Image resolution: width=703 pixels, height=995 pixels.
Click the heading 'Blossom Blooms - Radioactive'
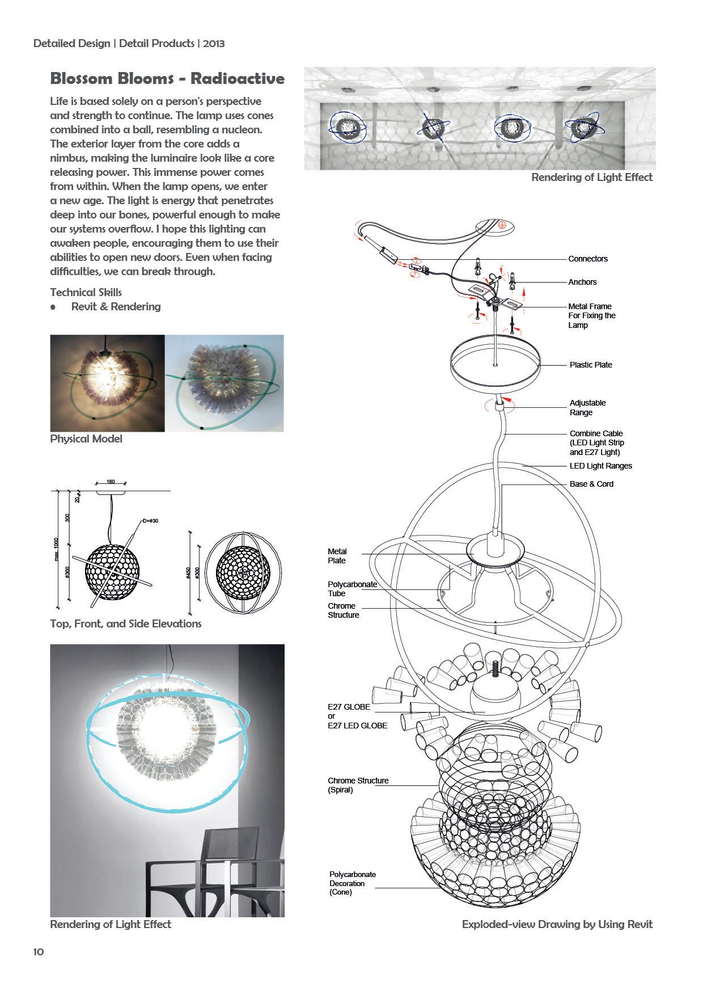pos(167,78)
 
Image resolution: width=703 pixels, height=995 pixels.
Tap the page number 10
pos(39,951)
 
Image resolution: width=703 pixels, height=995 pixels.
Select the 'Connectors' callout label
pos(588,259)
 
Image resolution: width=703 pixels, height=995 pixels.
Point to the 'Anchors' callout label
pos(582,282)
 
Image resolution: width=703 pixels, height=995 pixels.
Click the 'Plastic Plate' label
pos(591,365)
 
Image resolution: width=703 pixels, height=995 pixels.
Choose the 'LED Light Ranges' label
pos(600,466)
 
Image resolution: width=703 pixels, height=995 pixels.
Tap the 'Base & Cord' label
pos(591,484)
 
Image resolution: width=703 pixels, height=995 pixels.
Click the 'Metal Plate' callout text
pos(337,556)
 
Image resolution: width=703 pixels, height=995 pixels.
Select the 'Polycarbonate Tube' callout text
pos(352,589)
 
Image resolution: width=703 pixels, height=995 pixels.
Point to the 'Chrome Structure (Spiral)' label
pos(358,785)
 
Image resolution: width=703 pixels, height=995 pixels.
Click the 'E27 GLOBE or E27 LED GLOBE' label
pos(357,716)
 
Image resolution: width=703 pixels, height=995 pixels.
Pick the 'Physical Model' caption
pos(86,439)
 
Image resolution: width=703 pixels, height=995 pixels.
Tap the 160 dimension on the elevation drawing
pos(111,482)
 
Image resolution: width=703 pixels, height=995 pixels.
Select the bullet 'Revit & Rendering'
pos(116,307)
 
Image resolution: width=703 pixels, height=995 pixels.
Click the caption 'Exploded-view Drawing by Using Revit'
pos(557,924)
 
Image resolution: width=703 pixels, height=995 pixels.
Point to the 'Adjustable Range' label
pos(587,407)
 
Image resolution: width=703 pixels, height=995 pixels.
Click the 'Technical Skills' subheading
pos(86,293)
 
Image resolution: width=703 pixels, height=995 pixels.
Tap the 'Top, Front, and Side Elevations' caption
pos(125,624)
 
